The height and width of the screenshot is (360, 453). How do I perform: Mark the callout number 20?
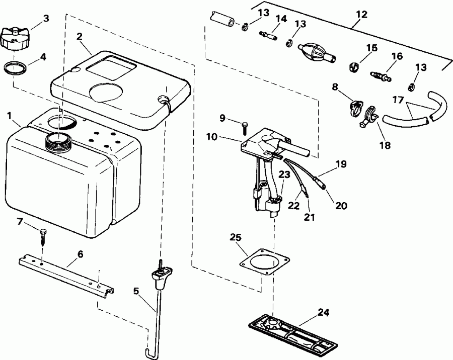tap(342, 205)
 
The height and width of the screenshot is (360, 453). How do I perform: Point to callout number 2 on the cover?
tap(80, 36)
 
